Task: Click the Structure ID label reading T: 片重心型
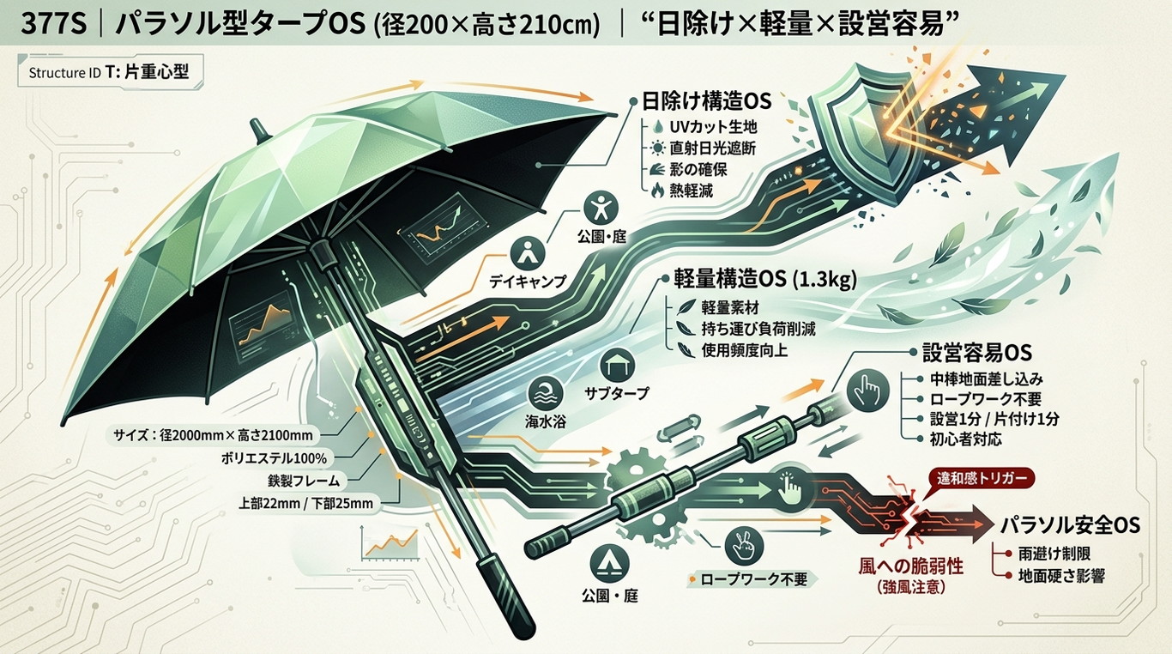tap(147, 72)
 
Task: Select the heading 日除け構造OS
tap(706, 101)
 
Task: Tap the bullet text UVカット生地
tap(713, 127)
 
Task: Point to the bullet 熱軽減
tap(692, 191)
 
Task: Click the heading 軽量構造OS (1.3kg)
tap(765, 280)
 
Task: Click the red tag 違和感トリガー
tap(978, 478)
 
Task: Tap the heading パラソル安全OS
tap(1070, 524)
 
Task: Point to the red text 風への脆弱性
tap(911, 566)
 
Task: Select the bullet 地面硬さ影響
tap(1061, 576)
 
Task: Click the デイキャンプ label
tap(528, 281)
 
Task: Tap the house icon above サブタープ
tap(618, 366)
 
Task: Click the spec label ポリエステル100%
tap(274, 459)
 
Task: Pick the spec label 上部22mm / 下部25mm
tap(306, 503)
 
